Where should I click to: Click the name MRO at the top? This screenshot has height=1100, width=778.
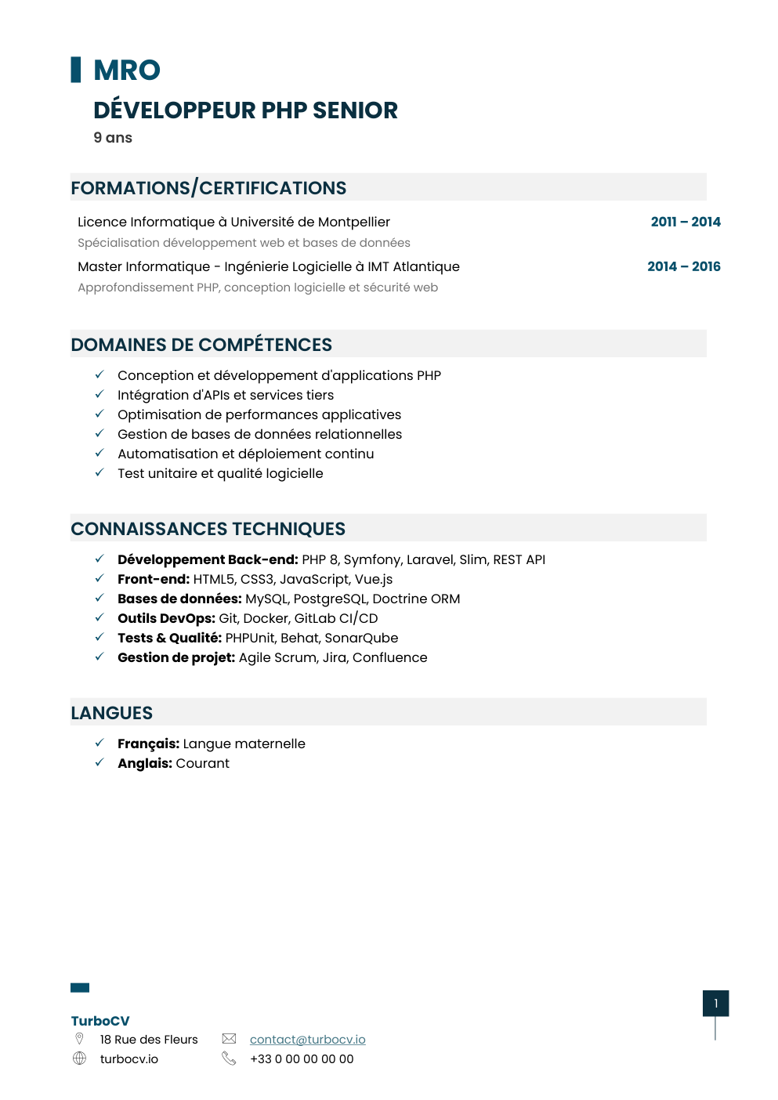[x=127, y=71]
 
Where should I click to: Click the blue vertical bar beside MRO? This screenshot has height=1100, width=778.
[x=76, y=70]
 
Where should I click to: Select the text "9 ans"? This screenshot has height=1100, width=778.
[x=113, y=138]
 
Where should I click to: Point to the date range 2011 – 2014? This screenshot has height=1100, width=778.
[x=686, y=222]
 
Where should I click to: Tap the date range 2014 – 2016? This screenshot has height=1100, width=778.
[x=683, y=266]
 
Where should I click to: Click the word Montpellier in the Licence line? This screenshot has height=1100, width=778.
[x=353, y=223]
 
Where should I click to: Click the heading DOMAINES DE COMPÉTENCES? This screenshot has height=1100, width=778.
[x=201, y=345]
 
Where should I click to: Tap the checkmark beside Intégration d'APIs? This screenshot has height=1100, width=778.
[x=100, y=394]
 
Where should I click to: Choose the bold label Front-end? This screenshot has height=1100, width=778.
[x=154, y=579]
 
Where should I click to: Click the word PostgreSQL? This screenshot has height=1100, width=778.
[x=330, y=599]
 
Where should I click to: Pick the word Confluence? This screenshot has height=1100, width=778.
[x=389, y=657]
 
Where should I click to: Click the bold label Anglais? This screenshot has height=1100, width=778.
[x=145, y=763]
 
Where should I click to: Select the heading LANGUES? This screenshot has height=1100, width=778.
[x=112, y=713]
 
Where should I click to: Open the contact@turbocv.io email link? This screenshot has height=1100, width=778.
[x=307, y=1040]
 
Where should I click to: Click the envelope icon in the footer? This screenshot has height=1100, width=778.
[x=229, y=1039]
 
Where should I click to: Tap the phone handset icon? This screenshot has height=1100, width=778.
[x=229, y=1058]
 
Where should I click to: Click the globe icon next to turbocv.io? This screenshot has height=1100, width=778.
[x=79, y=1058]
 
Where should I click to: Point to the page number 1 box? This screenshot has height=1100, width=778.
[x=715, y=1004]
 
